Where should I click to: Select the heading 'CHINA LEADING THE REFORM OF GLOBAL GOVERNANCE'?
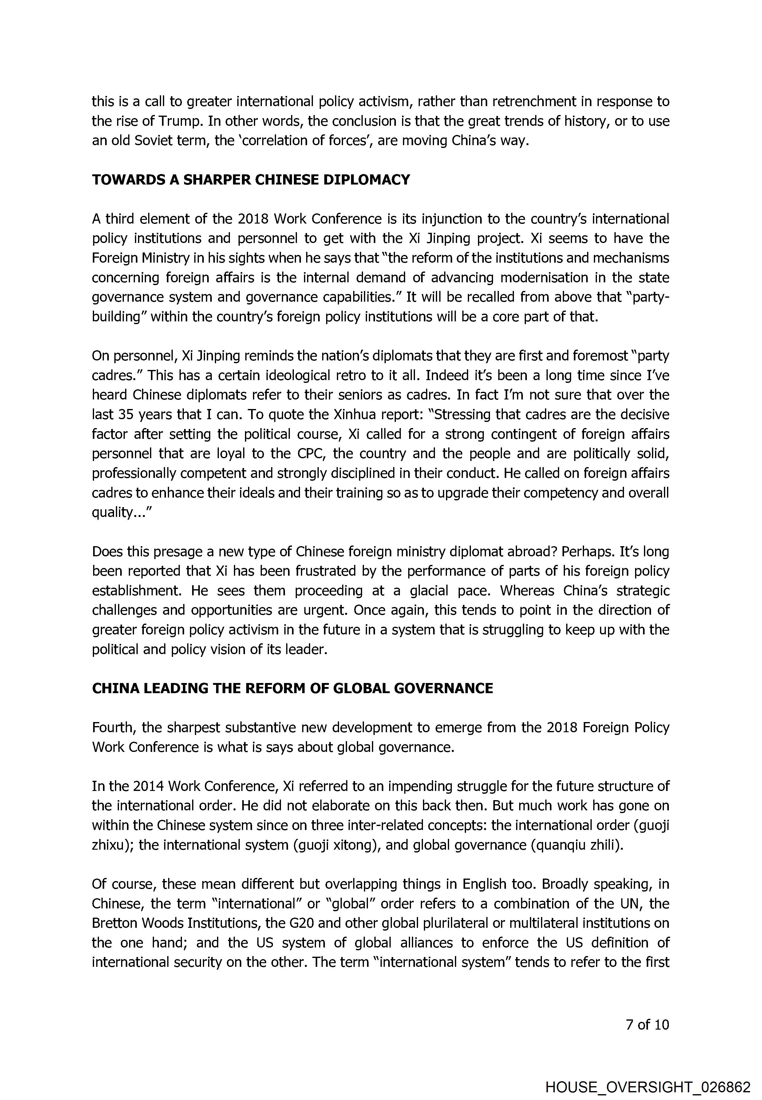coord(292,688)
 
